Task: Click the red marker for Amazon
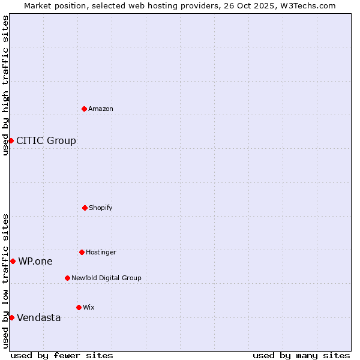[84, 109]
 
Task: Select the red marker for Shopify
[85, 208]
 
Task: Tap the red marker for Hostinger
[82, 252]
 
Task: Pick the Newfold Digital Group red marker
[67, 278]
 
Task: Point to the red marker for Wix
[79, 307]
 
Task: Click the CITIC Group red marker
[11, 140]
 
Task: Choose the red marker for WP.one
[13, 261]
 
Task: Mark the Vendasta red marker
[11, 317]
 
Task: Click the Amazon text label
[101, 109]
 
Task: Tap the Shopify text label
[101, 208]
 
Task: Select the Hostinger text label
[101, 252]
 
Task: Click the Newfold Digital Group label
[106, 278]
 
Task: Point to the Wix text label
[89, 307]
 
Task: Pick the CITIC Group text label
[46, 141]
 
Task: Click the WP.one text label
[35, 261]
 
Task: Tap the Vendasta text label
[39, 318]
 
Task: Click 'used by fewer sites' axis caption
[62, 355]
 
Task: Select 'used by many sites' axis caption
[301, 355]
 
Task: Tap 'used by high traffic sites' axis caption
[5, 85]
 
